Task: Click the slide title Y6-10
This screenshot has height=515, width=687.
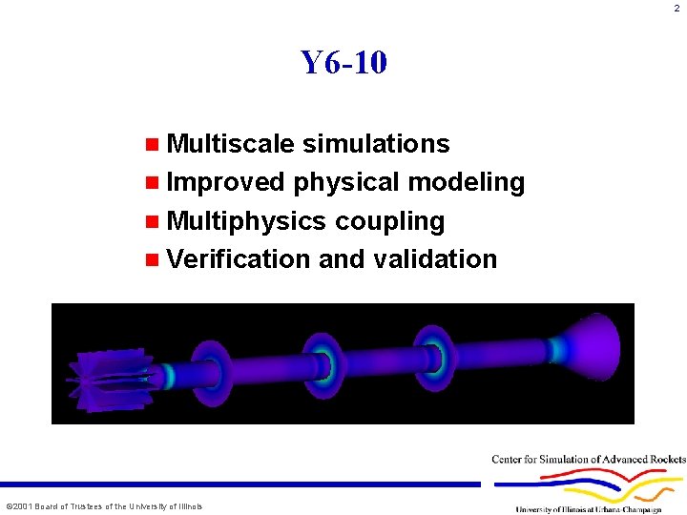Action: pyautogui.click(x=343, y=63)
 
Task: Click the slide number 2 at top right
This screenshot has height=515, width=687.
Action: pyautogui.click(x=676, y=9)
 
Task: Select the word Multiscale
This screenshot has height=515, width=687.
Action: pyautogui.click(x=230, y=144)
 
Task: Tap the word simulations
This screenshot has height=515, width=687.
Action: pyautogui.click(x=375, y=144)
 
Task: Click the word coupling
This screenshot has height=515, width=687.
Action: pyautogui.click(x=389, y=221)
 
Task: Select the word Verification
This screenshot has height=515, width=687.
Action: pyautogui.click(x=239, y=259)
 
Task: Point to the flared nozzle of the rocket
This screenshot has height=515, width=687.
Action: pyautogui.click(x=588, y=347)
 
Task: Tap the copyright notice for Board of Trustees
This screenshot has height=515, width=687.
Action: pyautogui.click(x=104, y=506)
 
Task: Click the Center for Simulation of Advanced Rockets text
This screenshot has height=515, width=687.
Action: pyautogui.click(x=588, y=460)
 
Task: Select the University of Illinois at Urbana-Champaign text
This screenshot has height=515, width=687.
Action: pyautogui.click(x=588, y=509)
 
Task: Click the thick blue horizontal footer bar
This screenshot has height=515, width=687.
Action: pyautogui.click(x=239, y=484)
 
